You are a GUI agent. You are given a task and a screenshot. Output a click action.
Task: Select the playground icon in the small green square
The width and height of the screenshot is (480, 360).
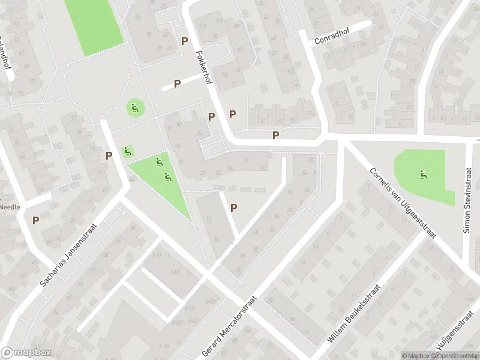[127, 152]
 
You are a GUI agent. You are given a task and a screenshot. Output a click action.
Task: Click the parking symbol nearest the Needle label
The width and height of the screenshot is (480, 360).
[36, 220]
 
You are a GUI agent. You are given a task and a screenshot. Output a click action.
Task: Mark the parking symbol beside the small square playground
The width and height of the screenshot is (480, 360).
[109, 155]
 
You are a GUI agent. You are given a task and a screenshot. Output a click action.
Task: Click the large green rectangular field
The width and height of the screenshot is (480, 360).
[94, 24]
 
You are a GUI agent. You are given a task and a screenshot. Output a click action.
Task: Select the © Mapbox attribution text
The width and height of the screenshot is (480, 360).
[416, 356]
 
